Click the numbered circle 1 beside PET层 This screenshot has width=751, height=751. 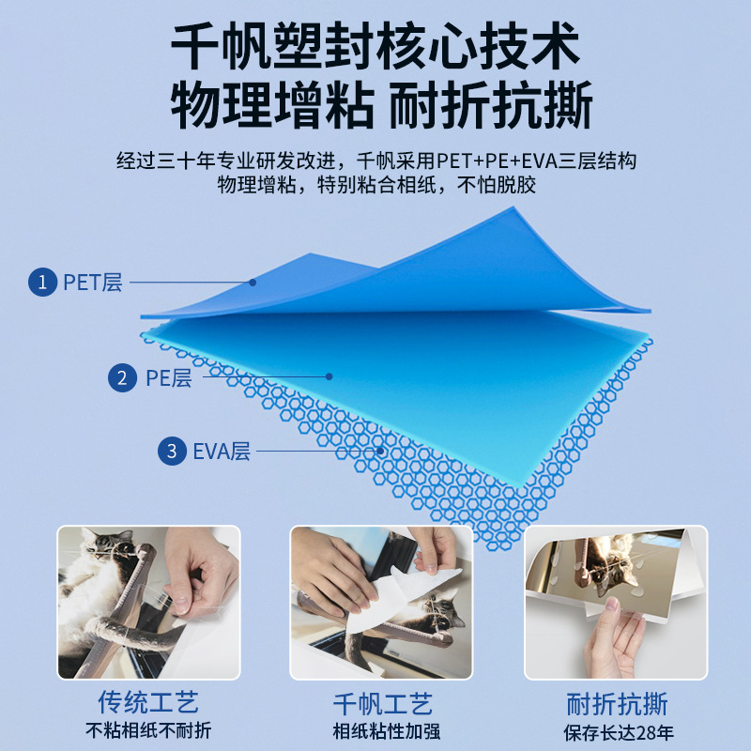(x=42, y=281)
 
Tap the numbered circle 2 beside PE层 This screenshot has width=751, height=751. (x=122, y=378)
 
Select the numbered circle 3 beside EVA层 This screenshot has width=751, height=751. (x=171, y=452)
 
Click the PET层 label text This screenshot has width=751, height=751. (x=93, y=282)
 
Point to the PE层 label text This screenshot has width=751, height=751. (x=168, y=378)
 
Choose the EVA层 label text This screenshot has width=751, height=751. (x=222, y=452)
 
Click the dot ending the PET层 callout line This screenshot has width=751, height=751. (x=252, y=281)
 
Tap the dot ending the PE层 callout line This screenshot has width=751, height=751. (x=330, y=376)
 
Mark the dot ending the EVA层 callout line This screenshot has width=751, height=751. (x=381, y=452)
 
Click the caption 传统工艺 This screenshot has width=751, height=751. (x=148, y=702)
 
